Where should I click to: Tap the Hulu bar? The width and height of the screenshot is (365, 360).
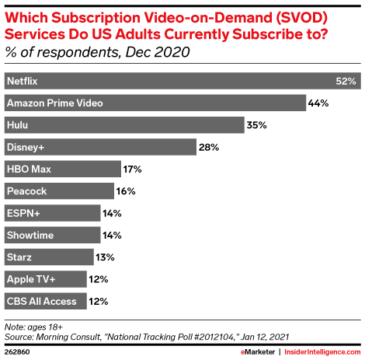(123, 124)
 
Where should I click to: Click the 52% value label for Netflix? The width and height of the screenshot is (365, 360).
(346, 81)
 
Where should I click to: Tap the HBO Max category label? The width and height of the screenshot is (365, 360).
(30, 169)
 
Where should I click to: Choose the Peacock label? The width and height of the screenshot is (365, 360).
(28, 190)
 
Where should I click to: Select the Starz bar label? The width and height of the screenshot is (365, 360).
(20, 257)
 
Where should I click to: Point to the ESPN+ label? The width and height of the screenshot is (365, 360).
(23, 212)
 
